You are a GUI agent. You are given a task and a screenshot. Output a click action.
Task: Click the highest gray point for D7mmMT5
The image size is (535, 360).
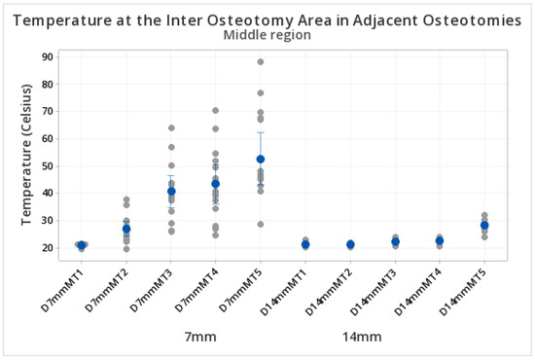click(261, 61)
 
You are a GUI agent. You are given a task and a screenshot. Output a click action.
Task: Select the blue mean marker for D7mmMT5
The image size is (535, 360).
click(261, 159)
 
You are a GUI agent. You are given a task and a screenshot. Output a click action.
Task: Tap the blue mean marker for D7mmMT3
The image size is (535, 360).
click(171, 192)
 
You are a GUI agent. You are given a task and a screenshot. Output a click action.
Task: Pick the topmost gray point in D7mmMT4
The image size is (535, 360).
click(216, 111)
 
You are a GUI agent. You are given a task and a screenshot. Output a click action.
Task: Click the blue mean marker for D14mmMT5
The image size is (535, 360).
click(484, 225)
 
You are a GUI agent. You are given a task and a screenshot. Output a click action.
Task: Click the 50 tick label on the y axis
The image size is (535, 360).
click(48, 166)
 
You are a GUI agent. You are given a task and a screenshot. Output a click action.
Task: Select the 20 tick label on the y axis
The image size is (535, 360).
click(48, 248)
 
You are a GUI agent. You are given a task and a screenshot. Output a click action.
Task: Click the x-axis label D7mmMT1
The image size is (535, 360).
click(63, 290)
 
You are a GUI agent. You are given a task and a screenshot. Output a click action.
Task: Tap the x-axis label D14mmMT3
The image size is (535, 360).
click(374, 292)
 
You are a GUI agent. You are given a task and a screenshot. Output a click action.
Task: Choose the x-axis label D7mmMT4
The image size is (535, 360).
click(197, 290)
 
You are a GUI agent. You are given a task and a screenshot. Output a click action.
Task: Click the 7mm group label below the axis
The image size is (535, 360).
click(200, 338)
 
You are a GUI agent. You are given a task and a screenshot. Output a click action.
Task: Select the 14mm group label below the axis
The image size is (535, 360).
click(362, 338)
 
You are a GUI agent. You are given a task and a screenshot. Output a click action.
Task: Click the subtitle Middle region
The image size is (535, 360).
click(267, 35)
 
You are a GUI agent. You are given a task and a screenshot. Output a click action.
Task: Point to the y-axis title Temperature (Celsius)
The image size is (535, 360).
click(26, 155)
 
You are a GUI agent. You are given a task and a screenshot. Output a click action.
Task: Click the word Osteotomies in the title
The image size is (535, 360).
click(472, 20)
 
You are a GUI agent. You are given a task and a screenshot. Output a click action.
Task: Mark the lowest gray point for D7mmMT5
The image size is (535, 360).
click(261, 224)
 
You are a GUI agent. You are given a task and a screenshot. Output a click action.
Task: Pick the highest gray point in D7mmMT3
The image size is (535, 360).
click(171, 128)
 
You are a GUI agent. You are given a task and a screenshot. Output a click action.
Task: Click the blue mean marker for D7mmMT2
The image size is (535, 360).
click(126, 229)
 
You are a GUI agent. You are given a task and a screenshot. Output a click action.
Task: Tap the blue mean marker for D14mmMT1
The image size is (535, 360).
click(305, 244)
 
